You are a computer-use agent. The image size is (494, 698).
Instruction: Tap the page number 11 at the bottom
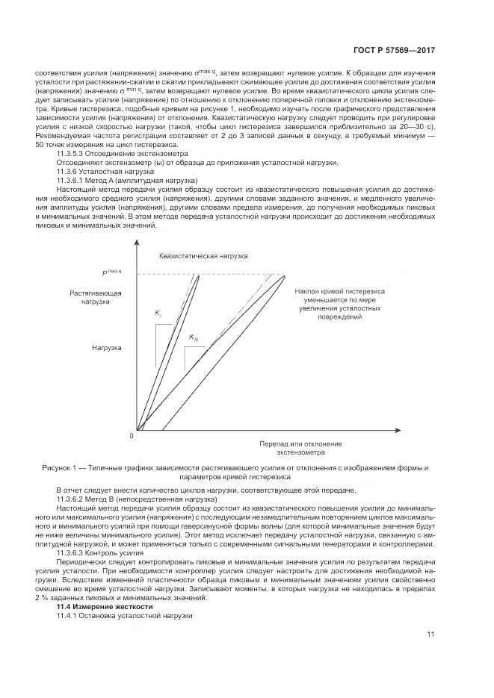[x=430, y=634]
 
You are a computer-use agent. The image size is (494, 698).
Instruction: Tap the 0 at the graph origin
[x=131, y=434]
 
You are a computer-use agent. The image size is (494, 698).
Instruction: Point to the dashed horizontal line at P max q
[x=239, y=275]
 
